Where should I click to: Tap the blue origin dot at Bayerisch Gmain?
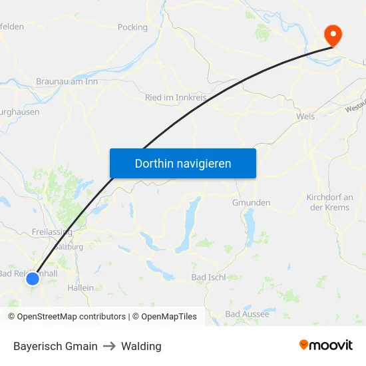point(33,279)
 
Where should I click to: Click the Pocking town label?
point(132,27)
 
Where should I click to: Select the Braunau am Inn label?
point(67,82)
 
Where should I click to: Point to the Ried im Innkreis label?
point(176,97)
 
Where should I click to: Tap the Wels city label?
point(305,116)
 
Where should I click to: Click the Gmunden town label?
point(251,202)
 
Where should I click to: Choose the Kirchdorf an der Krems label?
point(329,202)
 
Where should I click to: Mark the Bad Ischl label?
point(208,277)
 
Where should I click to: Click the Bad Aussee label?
point(247,313)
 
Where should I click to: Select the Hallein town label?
point(81,288)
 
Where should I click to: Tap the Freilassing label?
point(51,232)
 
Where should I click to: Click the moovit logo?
point(326,345)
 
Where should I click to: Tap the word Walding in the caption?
point(142,346)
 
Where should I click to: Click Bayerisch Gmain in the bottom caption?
point(55,346)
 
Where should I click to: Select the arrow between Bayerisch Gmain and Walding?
point(109,346)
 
